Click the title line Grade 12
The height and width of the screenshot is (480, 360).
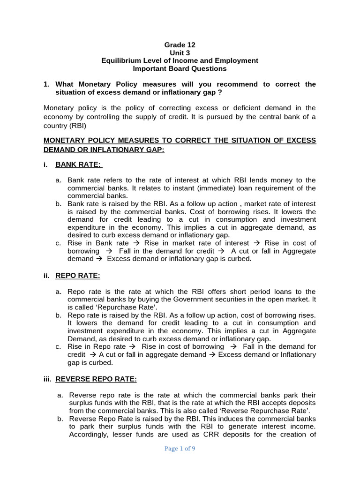pos(180,45)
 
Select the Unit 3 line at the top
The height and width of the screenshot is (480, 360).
pos(180,53)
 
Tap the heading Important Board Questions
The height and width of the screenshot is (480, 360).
pos(180,68)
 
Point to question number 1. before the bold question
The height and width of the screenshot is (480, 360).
pos(46,84)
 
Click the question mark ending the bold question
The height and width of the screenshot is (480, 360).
pos(219,92)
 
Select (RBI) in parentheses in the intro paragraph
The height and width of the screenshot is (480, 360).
pos(76,126)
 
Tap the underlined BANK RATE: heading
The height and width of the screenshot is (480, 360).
pos(78,165)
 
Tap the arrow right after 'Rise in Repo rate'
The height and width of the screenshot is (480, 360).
pos(134,347)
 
